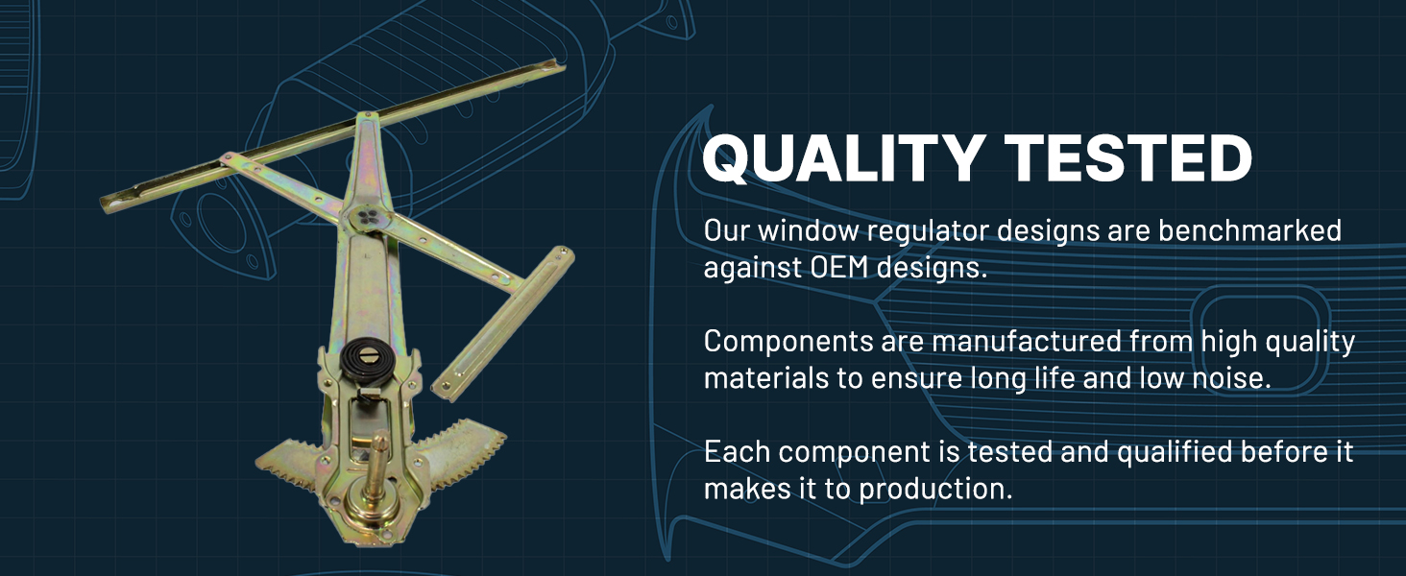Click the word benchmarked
point(1249,230)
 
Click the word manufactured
point(1027,342)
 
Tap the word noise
point(1231,378)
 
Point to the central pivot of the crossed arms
point(367,217)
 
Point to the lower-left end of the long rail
point(107,204)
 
